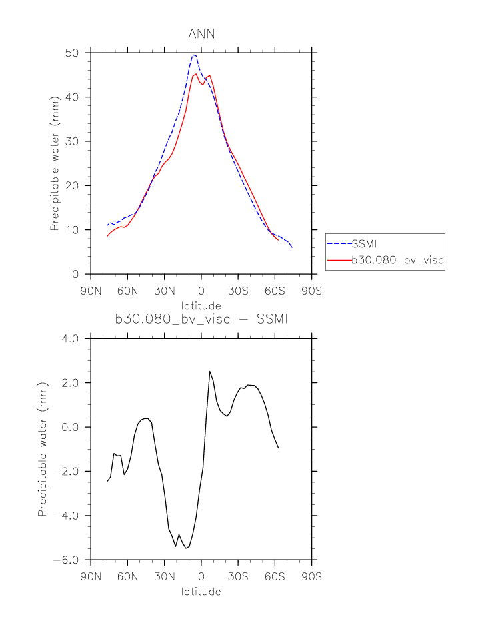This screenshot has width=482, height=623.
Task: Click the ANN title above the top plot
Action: click(x=201, y=34)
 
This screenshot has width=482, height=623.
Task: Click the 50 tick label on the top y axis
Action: click(x=72, y=53)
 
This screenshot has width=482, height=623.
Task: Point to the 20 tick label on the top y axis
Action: click(x=72, y=185)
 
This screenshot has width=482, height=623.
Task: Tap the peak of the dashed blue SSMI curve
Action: click(x=193, y=55)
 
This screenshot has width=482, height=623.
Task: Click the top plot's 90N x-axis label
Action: click(x=91, y=291)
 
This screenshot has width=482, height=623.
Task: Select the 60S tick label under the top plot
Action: click(x=275, y=291)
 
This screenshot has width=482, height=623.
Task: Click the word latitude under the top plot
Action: click(x=201, y=305)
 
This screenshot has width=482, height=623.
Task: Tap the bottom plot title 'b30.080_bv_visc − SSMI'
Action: click(x=201, y=320)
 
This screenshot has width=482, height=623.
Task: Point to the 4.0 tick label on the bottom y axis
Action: click(x=69, y=338)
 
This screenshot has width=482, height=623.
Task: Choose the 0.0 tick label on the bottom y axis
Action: click(x=69, y=427)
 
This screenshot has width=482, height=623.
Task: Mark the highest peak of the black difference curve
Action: click(x=209, y=372)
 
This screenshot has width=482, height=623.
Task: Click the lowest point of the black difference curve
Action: click(x=186, y=548)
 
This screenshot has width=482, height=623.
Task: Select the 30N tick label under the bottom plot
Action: click(x=164, y=577)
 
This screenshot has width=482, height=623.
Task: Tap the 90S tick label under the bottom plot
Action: click(x=311, y=577)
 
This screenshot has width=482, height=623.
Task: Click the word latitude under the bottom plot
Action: click(x=201, y=591)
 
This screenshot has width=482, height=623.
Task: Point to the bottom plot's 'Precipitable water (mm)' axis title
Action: click(x=43, y=449)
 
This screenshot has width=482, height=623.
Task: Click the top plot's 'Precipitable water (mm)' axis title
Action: click(x=55, y=163)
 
